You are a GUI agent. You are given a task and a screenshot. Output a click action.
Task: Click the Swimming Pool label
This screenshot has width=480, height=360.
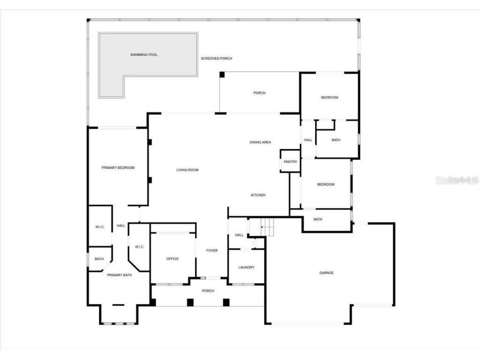[144, 55]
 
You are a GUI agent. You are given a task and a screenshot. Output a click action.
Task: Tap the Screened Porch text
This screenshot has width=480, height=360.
[217, 59]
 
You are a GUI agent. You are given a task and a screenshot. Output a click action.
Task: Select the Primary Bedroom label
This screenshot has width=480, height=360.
[118, 168]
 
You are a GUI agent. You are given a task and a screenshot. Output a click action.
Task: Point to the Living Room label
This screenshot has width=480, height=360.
[187, 170]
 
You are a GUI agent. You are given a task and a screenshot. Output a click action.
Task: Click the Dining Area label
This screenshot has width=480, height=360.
[260, 142]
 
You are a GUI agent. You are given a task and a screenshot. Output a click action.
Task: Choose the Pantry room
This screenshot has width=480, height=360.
[291, 162]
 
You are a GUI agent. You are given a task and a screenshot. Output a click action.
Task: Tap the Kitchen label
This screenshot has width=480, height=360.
[258, 195]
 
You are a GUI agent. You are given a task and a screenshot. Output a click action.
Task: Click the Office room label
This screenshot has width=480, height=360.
[172, 259]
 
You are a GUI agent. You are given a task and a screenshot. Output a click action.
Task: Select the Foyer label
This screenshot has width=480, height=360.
[212, 251]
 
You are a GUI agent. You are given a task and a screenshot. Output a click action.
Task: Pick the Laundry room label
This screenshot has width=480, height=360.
[247, 268]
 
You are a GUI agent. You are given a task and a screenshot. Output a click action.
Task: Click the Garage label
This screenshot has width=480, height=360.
[327, 273]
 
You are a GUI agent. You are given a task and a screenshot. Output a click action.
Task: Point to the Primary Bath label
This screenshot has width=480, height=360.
[120, 275]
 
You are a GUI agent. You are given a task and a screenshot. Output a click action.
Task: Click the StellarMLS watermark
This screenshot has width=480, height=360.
[457, 180]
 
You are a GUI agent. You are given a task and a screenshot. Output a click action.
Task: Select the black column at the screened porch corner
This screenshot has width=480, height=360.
[222, 74]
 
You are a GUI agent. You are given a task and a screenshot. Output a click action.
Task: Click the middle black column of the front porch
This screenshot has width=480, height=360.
[190, 302]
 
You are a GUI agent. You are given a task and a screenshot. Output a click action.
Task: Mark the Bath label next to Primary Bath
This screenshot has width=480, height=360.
[99, 259]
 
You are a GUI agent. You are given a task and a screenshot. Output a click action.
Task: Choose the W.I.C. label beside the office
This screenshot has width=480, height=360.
[139, 247]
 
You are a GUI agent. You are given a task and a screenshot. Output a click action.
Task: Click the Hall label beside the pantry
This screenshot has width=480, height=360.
[308, 140]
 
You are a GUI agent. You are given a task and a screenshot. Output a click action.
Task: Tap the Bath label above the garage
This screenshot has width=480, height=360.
[318, 219]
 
